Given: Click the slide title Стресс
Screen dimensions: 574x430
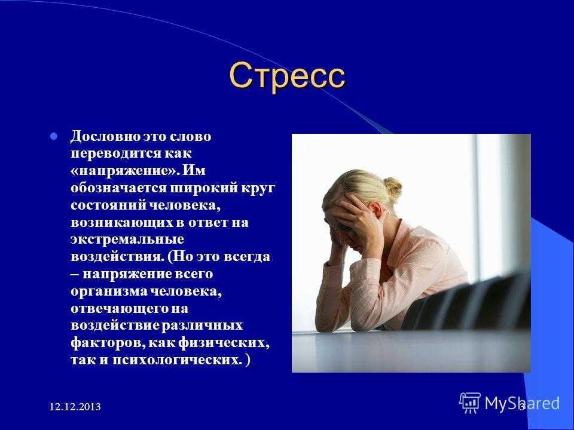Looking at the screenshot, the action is point(288,76).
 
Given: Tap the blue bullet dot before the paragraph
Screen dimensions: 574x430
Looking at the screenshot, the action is point(54,137).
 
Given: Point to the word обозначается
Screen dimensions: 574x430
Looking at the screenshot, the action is point(118,188).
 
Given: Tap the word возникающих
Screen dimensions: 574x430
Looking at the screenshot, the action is point(121,223).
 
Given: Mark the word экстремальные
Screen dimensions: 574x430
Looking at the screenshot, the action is point(127,240).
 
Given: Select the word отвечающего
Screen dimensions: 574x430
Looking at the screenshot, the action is point(119,309).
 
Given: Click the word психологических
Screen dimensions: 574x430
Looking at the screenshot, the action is point(177,360).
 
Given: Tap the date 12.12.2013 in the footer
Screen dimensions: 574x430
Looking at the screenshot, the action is point(75,407).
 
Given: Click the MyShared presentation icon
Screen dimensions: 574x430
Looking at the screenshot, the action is point(470,403).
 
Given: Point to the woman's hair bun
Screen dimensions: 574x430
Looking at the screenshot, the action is point(393,188).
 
